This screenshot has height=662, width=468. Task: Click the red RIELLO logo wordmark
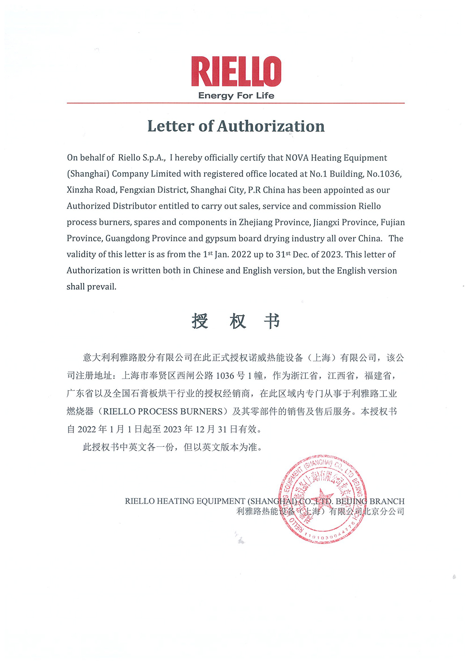point(236,72)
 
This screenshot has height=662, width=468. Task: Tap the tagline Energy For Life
point(236,96)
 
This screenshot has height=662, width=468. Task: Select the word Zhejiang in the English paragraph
point(256,222)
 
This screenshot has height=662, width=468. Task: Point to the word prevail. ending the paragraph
point(102,287)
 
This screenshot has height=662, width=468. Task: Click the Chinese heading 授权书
point(236,321)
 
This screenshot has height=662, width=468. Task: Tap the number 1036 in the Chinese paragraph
point(225,376)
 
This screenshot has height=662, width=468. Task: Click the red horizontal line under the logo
point(236,103)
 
